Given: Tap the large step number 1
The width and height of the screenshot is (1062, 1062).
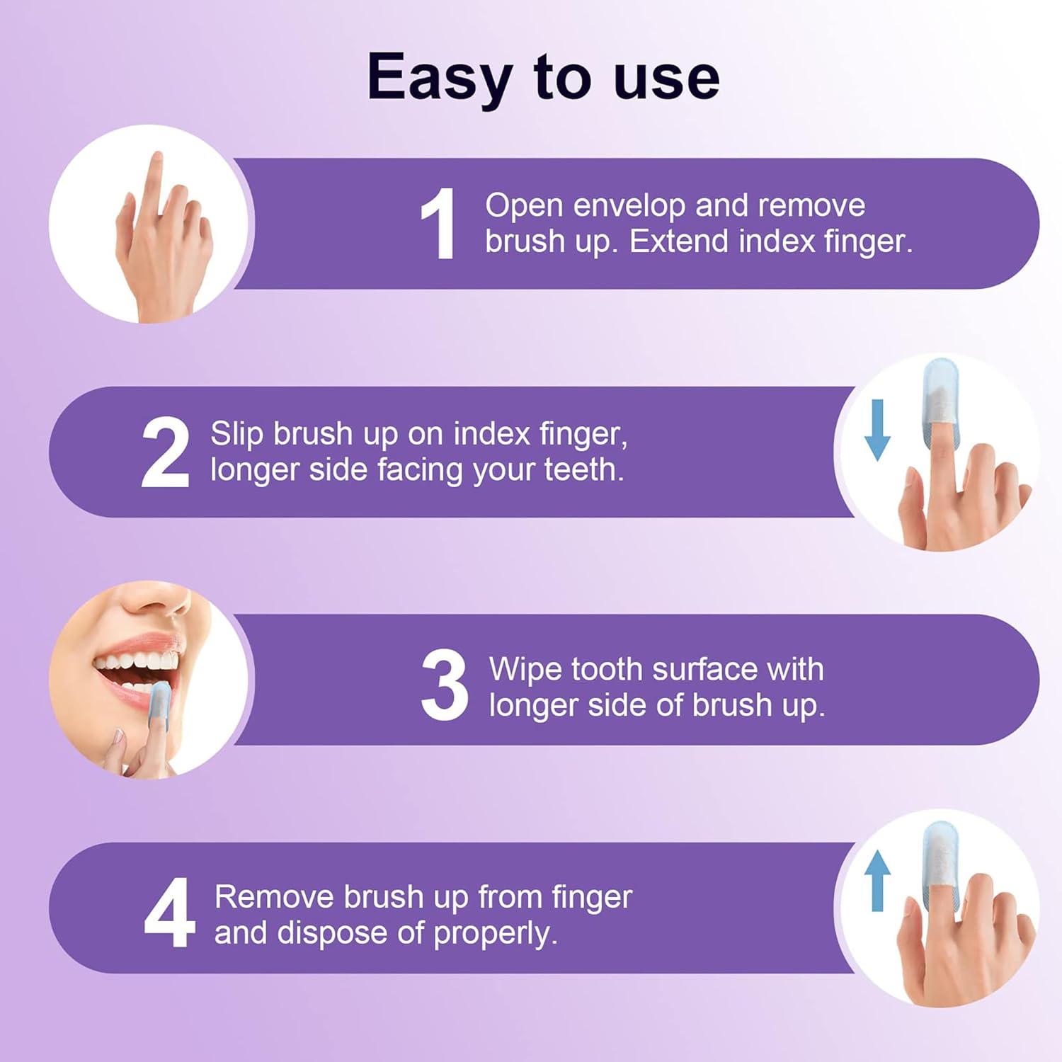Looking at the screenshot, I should click(x=439, y=224).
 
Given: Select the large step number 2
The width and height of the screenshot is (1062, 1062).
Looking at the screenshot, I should click(x=165, y=452).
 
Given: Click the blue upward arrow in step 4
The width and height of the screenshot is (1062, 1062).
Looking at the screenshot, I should click(x=878, y=880).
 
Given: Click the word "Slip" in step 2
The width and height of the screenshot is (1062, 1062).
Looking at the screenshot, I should click(x=237, y=434).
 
